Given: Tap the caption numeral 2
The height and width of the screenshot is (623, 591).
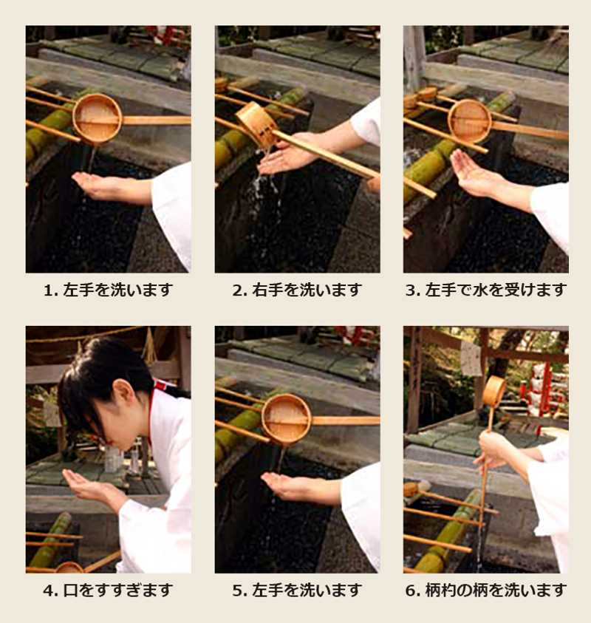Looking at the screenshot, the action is click(x=236, y=290).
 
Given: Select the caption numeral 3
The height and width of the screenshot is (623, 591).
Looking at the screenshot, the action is click(x=410, y=290).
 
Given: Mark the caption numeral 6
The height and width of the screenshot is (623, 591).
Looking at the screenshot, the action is click(x=410, y=590).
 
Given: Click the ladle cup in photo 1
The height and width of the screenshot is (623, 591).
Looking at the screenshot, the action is click(x=98, y=118).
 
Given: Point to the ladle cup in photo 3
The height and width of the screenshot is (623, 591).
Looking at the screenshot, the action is click(x=469, y=120).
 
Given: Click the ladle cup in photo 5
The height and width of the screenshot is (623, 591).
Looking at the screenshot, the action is click(x=286, y=418).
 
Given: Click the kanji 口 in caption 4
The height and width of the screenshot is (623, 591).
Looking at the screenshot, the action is click(x=71, y=590).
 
